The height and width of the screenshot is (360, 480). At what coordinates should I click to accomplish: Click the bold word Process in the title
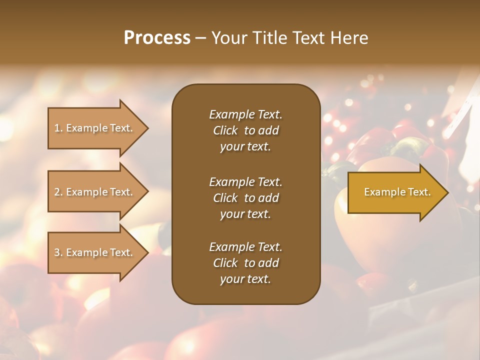[157, 38]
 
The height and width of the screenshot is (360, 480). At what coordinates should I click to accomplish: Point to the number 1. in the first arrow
[58, 128]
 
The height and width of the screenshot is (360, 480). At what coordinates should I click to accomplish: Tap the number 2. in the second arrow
[58, 192]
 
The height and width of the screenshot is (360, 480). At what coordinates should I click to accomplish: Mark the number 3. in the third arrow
[58, 252]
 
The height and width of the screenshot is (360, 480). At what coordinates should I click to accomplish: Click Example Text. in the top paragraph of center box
[245, 114]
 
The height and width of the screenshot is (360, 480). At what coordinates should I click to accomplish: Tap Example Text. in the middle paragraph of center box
[245, 182]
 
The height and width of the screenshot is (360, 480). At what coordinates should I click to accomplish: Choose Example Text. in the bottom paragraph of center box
[245, 247]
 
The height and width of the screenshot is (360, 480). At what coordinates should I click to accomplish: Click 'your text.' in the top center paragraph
[245, 147]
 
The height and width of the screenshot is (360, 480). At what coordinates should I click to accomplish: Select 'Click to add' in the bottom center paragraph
[245, 263]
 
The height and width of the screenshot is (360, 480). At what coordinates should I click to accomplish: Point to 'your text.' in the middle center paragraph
[245, 214]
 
